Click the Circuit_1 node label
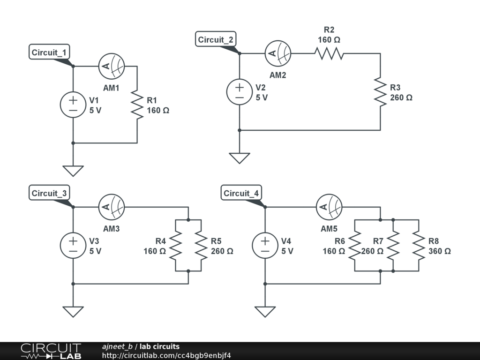tap(49, 52)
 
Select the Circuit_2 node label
tap(216, 39)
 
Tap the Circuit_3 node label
tap(49, 193)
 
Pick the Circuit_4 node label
tap(241, 193)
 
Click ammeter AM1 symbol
tap(112, 66)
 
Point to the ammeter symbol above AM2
tap(277, 53)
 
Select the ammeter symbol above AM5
tap(329, 207)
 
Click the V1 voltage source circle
tap(73, 105)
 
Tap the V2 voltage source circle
tap(240, 92)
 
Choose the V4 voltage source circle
tap(265, 246)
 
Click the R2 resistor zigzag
tap(329, 53)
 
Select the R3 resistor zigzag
tap(380, 92)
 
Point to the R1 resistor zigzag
tap(137, 105)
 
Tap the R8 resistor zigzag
tap(419, 246)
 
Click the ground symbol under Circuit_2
tap(240, 158)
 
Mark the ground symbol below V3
tap(73, 312)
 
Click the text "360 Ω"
tap(440, 251)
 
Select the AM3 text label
tap(111, 229)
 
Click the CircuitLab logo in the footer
tap(51, 351)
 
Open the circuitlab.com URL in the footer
tap(166, 355)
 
